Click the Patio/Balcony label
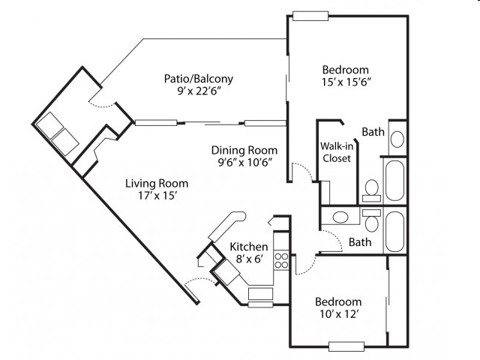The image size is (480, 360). pos(198,79)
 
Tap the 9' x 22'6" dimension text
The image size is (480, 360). pos(199,91)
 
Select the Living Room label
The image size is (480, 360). pos(157,184)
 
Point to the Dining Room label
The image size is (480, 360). pos(244,150)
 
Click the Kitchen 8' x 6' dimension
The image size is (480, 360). pos(250,259)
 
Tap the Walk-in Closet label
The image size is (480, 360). pos(337,152)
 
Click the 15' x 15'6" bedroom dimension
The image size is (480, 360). pos(346,82)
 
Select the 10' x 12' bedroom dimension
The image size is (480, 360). pos(339,314)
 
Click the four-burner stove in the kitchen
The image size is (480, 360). pos(281,260)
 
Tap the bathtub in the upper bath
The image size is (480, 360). pos(395,181)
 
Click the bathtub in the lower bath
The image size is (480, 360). pos(395,232)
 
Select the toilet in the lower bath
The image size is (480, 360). pos(372,220)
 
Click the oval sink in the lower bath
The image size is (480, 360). pos(340,217)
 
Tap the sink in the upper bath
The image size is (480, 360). pos(397,139)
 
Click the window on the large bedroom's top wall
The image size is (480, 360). pos(310,16)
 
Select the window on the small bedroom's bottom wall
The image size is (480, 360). pos(346,346)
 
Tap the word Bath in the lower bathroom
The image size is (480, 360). pos(360,242)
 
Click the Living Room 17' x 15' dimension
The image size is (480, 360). pos(157,196)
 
